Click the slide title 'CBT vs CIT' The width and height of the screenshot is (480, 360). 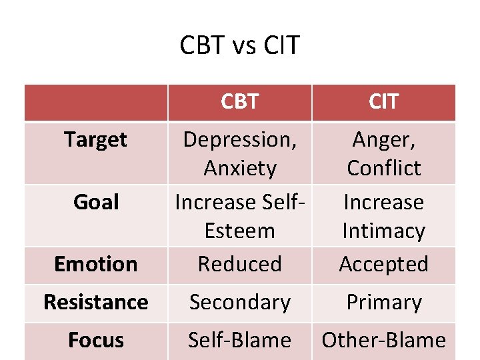click(240, 46)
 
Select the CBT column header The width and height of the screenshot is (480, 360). click(239, 101)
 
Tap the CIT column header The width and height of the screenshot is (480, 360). click(383, 101)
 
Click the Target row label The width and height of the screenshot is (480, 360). click(96, 139)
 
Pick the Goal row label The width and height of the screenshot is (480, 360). click(96, 202)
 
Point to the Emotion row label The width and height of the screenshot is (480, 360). click(96, 264)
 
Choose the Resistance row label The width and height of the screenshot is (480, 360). click(96, 302)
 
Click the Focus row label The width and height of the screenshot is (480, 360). click(96, 340)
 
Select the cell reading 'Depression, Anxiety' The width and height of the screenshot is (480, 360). click(239, 153)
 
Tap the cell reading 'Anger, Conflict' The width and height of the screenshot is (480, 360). click(383, 153)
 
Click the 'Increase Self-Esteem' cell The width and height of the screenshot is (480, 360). click(239, 216)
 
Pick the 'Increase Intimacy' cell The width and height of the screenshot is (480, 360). click(383, 216)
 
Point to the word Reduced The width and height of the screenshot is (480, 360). click(239, 264)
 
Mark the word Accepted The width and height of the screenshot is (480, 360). click(383, 264)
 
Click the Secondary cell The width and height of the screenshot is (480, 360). click(239, 302)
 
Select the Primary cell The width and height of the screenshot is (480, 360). click(383, 302)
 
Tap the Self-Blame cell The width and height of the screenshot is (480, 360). click(239, 340)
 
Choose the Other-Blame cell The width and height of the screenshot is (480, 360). click(383, 340)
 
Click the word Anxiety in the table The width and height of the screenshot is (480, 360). click(239, 168)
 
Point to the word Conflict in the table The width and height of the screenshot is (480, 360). click(383, 168)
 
